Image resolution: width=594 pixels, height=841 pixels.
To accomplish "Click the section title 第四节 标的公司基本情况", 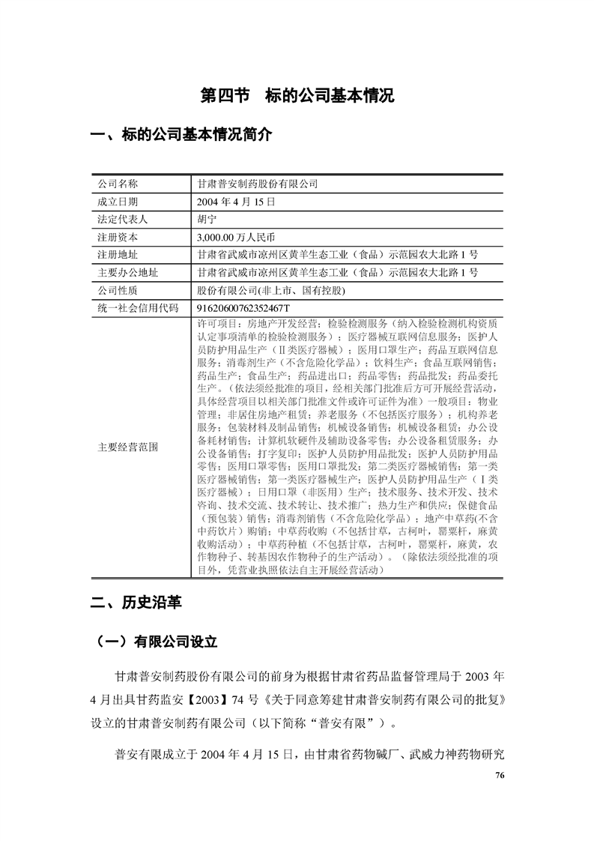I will click(x=297, y=96).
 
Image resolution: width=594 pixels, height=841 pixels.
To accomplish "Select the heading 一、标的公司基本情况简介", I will click(x=181, y=136).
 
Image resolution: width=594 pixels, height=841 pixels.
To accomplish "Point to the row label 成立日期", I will click(x=118, y=202).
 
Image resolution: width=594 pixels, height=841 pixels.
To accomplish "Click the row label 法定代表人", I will click(x=123, y=219).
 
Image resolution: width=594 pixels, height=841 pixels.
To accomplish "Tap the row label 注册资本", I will click(x=118, y=237).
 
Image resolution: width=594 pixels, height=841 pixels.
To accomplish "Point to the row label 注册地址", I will click(x=118, y=255).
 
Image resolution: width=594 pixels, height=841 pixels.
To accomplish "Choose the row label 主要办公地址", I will click(x=128, y=272).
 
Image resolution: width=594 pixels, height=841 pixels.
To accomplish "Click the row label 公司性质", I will click(x=118, y=290).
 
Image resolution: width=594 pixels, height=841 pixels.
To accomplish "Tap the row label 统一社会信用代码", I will click(x=138, y=308).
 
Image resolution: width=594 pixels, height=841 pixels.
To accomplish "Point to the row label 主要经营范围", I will click(x=128, y=447).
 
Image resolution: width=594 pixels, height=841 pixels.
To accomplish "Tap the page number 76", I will click(x=500, y=775).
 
